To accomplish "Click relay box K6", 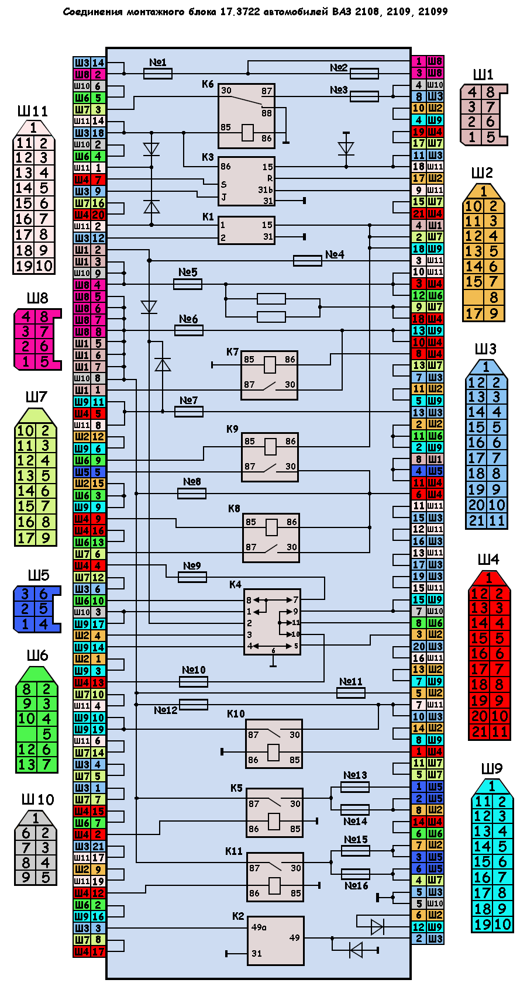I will click(246, 115).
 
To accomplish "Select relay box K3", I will click(246, 181).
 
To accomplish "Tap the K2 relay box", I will click(275, 940).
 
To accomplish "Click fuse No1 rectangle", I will click(158, 73).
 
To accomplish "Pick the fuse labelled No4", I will click(307, 260).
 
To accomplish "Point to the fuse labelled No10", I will click(194, 682).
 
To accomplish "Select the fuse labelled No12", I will click(194, 705).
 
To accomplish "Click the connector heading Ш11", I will click(33, 111).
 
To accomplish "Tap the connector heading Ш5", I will click(39, 575).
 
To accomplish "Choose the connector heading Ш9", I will click(492, 768).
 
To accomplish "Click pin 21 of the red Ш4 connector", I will click(479, 732).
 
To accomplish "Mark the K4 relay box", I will click(272, 621).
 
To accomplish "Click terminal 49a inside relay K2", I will click(259, 927).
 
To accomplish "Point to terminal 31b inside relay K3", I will click(266, 189).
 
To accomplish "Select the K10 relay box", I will click(274, 743).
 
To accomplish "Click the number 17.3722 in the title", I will click(240, 12).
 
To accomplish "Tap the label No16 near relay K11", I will click(356, 886).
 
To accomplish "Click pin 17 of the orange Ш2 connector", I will click(474, 313).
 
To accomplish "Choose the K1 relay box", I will click(246, 230).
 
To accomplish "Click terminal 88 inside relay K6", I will click(267, 113).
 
